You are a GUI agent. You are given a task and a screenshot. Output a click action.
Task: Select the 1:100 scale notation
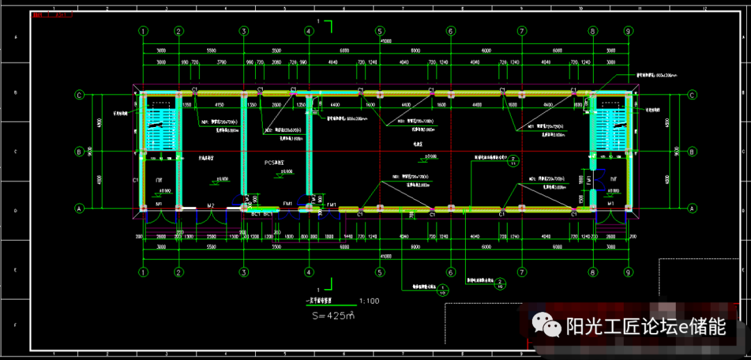[369, 301]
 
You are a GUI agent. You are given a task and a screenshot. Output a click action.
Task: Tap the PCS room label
[275, 163]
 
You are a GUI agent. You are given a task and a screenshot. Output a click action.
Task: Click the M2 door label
[211, 205]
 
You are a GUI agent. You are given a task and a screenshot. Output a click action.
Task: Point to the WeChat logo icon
[547, 325]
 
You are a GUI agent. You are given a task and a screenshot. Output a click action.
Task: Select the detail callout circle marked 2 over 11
[513, 161]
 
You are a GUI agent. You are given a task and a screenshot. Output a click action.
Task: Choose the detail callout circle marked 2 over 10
[501, 283]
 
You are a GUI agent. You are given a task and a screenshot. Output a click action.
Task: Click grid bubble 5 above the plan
[380, 31]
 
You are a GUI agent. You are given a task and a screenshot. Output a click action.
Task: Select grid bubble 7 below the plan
[522, 272]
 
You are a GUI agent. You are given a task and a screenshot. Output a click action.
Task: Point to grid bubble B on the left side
[79, 151]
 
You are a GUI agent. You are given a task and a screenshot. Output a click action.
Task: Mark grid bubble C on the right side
[693, 95]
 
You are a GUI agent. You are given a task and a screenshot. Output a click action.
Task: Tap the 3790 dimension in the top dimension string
[221, 63]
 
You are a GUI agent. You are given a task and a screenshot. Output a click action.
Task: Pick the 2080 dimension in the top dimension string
[277, 63]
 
